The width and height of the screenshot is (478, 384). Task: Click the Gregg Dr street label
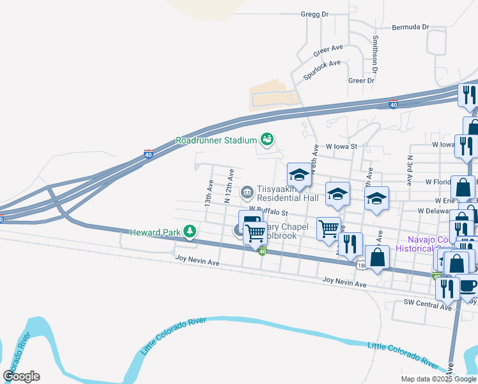314,13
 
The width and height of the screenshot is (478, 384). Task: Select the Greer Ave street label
328,47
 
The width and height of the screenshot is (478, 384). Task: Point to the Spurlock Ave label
323,68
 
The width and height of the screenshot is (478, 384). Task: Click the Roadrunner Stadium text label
217,140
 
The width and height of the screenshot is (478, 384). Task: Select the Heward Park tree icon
189,231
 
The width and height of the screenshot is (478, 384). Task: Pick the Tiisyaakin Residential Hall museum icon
247,192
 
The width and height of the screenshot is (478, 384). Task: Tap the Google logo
22,376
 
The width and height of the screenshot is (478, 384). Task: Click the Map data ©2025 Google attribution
438,379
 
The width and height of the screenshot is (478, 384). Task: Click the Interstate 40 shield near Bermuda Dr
393,104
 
